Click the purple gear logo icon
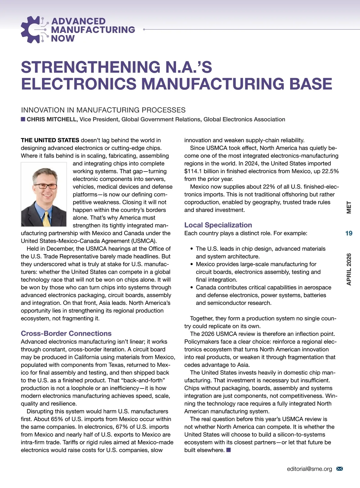[32, 30]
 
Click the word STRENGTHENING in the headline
[87, 67]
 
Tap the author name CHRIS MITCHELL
[52, 119]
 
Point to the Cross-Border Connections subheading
[66, 333]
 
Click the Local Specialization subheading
[218, 225]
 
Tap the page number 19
[349, 233]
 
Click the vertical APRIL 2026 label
[349, 269]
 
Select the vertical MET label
[349, 207]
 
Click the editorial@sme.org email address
[309, 469]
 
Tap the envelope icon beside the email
[340, 469]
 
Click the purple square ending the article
[229, 450]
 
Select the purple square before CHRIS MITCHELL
[23, 119]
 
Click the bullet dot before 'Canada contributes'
[192, 288]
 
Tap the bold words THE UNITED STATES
[50, 140]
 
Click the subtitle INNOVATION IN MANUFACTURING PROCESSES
[103, 110]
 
